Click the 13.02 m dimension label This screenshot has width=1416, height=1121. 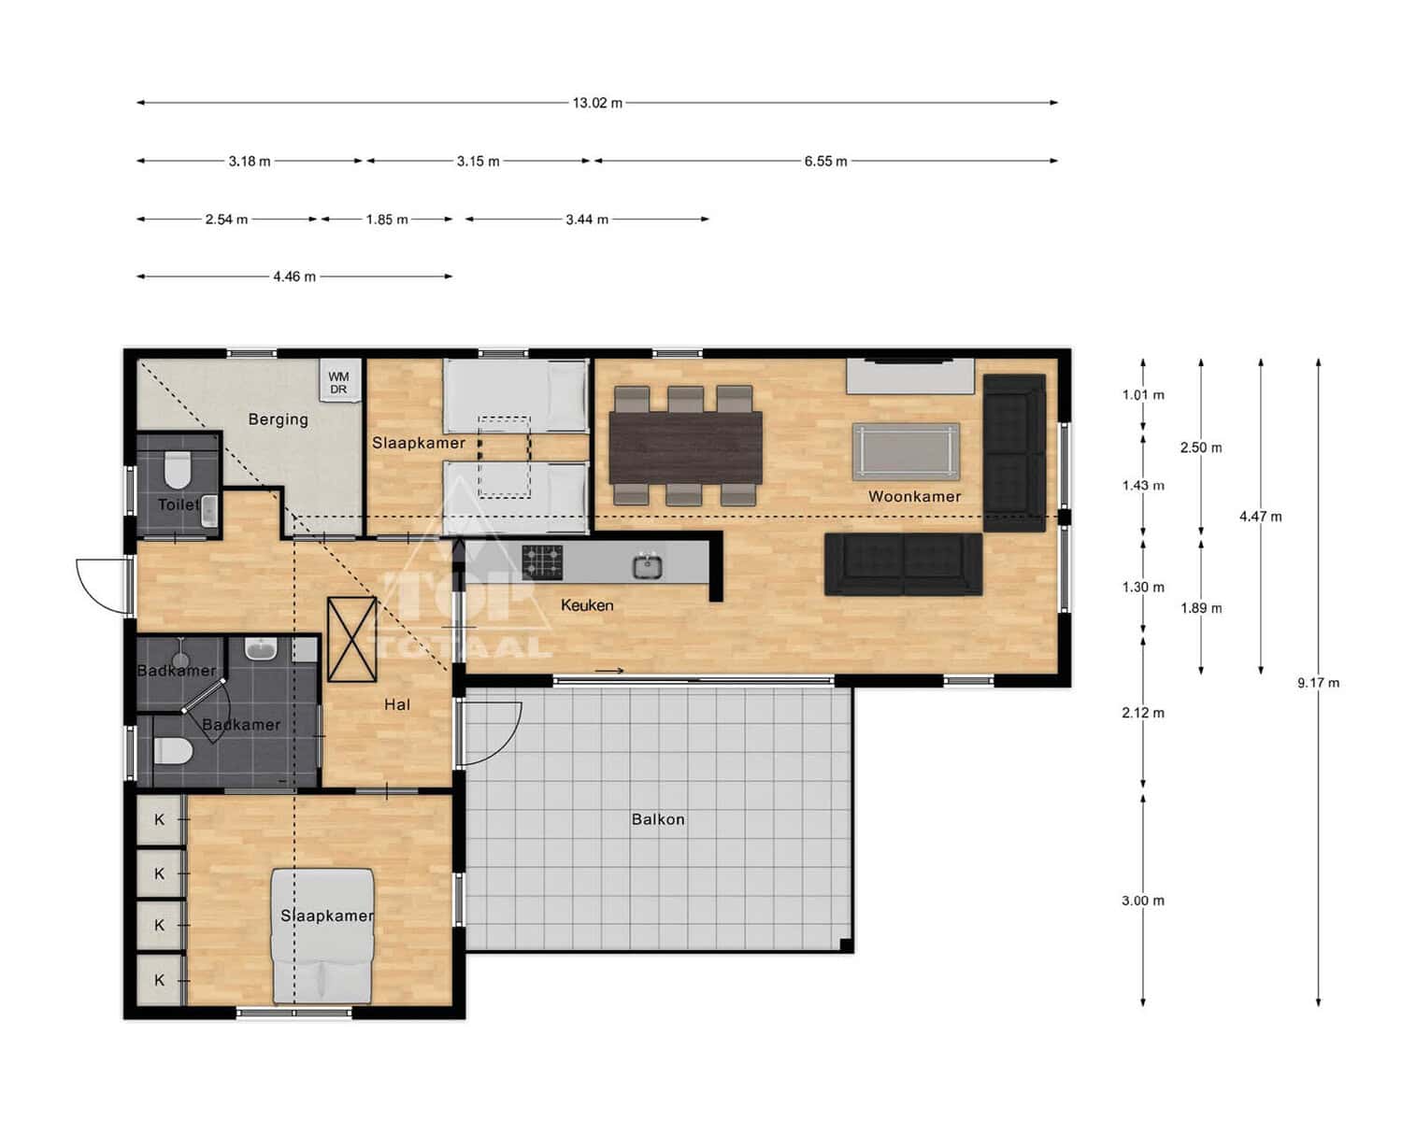click(x=597, y=104)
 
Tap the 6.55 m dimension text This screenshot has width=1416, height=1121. click(x=825, y=162)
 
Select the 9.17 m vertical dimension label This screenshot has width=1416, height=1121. click(x=1318, y=683)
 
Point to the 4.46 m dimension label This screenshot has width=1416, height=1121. click(x=294, y=277)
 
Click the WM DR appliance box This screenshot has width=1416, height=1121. click(x=339, y=379)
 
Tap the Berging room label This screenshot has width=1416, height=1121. click(x=278, y=419)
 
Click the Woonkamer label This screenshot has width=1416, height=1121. click(x=914, y=497)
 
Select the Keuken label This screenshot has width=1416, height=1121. click(x=587, y=605)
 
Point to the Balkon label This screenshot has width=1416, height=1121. click(x=658, y=819)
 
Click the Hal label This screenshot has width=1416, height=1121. click(x=397, y=704)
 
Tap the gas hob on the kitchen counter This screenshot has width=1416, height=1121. click(x=542, y=562)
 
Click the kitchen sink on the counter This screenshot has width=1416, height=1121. click(x=648, y=566)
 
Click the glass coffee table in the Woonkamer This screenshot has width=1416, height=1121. click(x=906, y=451)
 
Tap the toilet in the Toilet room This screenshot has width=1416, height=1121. click(x=177, y=470)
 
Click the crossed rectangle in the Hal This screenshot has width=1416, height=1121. click(x=352, y=639)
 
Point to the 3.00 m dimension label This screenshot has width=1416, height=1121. click(x=1143, y=901)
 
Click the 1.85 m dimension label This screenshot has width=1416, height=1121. click(x=387, y=220)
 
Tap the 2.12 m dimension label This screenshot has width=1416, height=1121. click(x=1143, y=713)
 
